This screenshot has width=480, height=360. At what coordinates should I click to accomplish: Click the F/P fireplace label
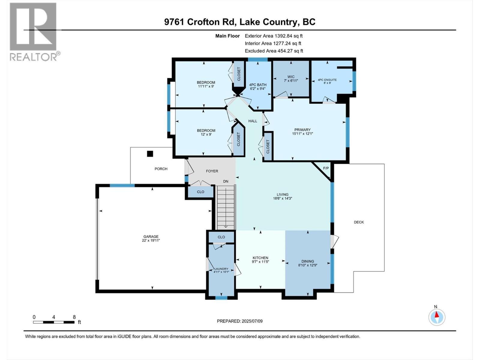coord(326,168)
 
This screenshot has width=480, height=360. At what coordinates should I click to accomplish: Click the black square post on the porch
coord(150,154)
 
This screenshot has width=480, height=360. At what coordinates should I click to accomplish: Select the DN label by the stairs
coord(226,181)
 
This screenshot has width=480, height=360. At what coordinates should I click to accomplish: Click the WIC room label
coord(290,77)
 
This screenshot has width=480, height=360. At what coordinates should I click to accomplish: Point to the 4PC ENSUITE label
coord(327,80)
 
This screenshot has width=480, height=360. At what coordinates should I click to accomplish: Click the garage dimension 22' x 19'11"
coord(151,240)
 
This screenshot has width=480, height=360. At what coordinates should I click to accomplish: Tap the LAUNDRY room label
coord(221,269)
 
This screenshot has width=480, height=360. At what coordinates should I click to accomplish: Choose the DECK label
coord(359,222)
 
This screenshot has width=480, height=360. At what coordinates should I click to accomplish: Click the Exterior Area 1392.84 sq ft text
coord(274,36)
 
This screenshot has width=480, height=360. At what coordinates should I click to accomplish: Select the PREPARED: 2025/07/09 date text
coord(240,321)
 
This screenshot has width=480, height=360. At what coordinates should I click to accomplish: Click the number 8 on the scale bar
coord(74,317)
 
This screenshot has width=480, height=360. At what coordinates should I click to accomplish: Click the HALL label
coord(253,121)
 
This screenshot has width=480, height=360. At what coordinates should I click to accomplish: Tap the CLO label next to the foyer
coord(200,192)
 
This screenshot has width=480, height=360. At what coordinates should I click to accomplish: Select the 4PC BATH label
coord(258,85)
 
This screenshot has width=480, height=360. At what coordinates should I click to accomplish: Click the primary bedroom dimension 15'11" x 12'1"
coord(302,134)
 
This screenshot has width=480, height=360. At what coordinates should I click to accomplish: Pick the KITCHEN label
coord(260,258)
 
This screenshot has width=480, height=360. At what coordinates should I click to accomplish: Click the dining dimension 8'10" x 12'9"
coord(308,265)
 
